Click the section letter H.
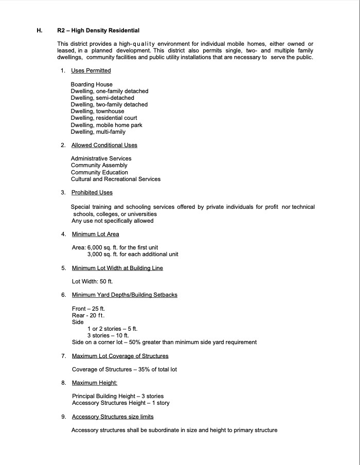[x=39, y=31]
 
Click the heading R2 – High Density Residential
[x=98, y=31]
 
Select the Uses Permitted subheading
[x=91, y=70]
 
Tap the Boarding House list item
[x=92, y=84]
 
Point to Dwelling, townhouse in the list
[x=97, y=111]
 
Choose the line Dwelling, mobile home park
[x=106, y=125]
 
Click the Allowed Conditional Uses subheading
[x=104, y=145]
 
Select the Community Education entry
[x=99, y=172]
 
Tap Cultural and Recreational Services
[x=116, y=179]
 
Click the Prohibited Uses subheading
[x=92, y=192]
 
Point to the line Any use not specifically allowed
[x=112, y=221]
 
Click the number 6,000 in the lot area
[x=95, y=247]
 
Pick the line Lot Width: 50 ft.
[x=92, y=281]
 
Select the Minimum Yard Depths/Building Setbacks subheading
[x=124, y=295]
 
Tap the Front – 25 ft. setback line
[x=88, y=309]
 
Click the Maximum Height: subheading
[x=95, y=383]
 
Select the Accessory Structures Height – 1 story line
[x=120, y=403]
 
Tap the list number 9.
[x=63, y=417]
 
